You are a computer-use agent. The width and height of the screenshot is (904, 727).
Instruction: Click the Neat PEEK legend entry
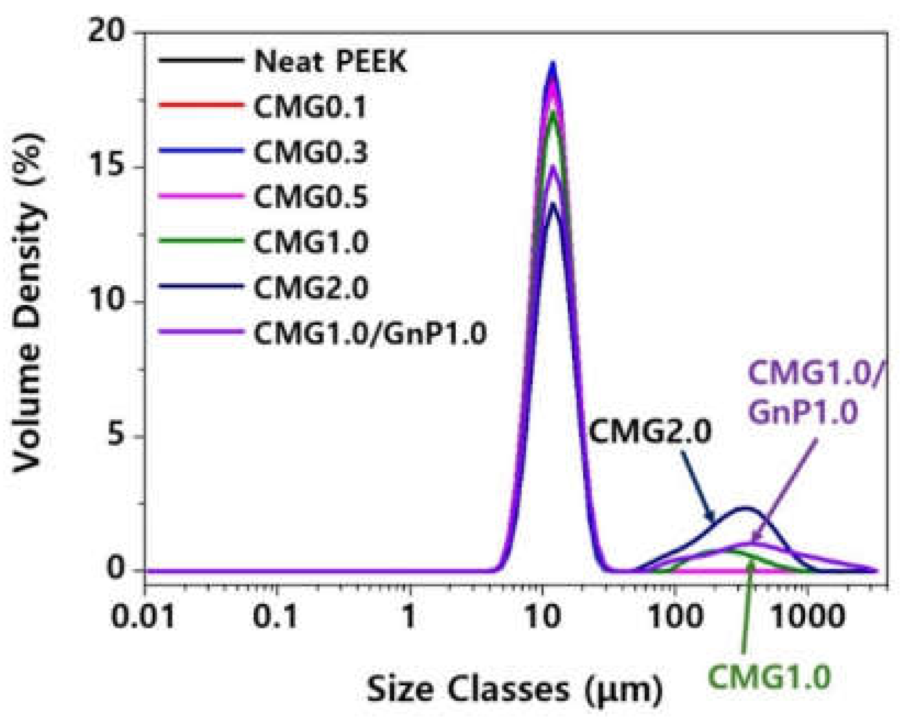tap(330, 62)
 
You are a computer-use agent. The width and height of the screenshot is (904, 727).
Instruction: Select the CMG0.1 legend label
tap(310, 107)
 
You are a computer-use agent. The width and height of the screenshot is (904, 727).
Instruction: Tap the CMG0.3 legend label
tap(310, 152)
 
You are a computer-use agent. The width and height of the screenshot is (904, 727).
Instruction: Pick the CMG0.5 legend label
tap(310, 197)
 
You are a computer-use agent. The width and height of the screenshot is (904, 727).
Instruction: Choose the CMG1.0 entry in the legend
tap(310, 242)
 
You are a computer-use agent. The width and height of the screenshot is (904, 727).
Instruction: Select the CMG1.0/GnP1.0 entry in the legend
tap(370, 333)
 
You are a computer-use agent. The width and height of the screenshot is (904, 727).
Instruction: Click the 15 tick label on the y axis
tap(113, 168)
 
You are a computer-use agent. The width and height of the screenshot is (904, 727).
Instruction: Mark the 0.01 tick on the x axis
tap(144, 617)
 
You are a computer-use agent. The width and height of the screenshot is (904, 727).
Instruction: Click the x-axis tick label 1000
tap(807, 617)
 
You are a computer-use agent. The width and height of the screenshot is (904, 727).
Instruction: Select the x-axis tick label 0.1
tap(276, 617)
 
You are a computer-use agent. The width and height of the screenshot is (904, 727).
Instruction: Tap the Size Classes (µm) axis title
tap(515, 689)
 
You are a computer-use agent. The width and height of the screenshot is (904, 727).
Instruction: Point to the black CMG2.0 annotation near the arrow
tap(650, 431)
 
